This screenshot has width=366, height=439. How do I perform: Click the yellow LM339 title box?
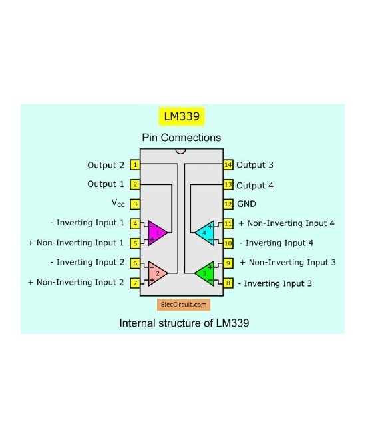181,116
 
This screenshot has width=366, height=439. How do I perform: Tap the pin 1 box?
135,164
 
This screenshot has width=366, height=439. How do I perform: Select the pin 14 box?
228,164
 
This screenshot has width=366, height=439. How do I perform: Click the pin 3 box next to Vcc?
135,204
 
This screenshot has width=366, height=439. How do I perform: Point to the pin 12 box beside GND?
228,204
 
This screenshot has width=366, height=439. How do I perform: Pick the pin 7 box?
135,283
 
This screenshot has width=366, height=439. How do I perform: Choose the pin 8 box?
228,283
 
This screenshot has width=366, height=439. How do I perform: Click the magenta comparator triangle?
157,233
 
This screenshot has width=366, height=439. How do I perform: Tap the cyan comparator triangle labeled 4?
206,233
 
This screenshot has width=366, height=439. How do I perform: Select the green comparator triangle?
206,272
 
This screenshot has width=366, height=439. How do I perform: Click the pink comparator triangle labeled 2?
157,272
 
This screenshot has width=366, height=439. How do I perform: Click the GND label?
246,204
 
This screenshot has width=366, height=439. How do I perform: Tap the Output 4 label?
254,185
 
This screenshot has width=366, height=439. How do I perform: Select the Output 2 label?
106,164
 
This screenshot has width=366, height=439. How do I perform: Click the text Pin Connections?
181,138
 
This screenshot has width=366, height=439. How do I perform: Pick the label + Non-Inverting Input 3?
287,263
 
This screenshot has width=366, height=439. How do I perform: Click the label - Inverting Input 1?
87,223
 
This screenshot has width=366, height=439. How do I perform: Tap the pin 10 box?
228,243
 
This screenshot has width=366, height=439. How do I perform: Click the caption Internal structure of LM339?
184,324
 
